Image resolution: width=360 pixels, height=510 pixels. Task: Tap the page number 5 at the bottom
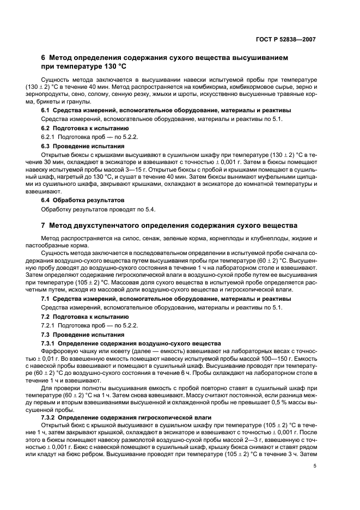coord(315,465)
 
